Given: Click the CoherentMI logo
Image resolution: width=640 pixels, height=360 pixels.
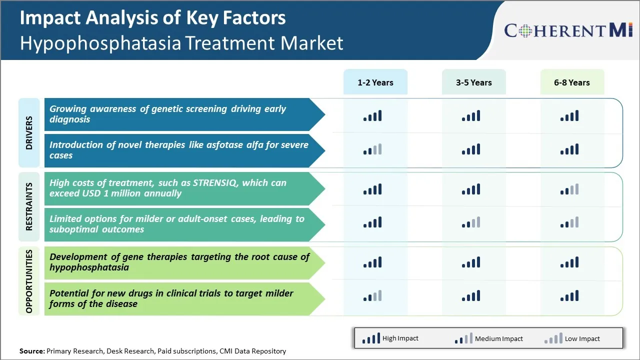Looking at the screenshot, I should (x=569, y=30).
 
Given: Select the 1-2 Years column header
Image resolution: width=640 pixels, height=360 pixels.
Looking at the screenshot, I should (x=375, y=82).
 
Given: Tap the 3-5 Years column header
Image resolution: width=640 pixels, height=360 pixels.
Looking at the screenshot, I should (x=473, y=82).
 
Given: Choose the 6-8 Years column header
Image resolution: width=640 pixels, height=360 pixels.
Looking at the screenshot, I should (x=571, y=82).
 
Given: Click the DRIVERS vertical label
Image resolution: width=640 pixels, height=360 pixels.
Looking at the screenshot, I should (x=29, y=133).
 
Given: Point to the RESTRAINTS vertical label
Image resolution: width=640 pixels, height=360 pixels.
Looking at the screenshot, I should (x=29, y=206).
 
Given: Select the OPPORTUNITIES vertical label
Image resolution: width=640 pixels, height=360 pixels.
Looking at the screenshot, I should (x=29, y=281).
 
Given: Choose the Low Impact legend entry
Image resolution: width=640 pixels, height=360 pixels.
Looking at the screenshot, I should (x=572, y=338).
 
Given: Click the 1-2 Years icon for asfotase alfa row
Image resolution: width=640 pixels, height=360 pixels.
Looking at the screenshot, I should (x=372, y=149).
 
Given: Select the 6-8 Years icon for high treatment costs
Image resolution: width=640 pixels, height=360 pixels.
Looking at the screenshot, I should (x=569, y=189).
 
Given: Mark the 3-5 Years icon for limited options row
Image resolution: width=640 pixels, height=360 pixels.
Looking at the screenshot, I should (x=471, y=222).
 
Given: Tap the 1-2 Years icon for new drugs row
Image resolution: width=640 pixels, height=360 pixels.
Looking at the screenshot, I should (x=372, y=296).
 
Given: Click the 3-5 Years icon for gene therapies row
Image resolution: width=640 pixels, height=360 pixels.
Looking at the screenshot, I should (x=471, y=262).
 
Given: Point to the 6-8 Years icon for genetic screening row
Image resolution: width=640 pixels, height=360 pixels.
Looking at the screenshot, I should (x=569, y=116).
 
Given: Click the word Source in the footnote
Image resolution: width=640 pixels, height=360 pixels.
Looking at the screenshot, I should (x=32, y=351).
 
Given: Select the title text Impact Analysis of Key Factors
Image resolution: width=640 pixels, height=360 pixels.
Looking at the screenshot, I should (x=152, y=18).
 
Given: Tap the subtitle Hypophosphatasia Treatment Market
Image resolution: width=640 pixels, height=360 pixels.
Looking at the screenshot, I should (x=181, y=43).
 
